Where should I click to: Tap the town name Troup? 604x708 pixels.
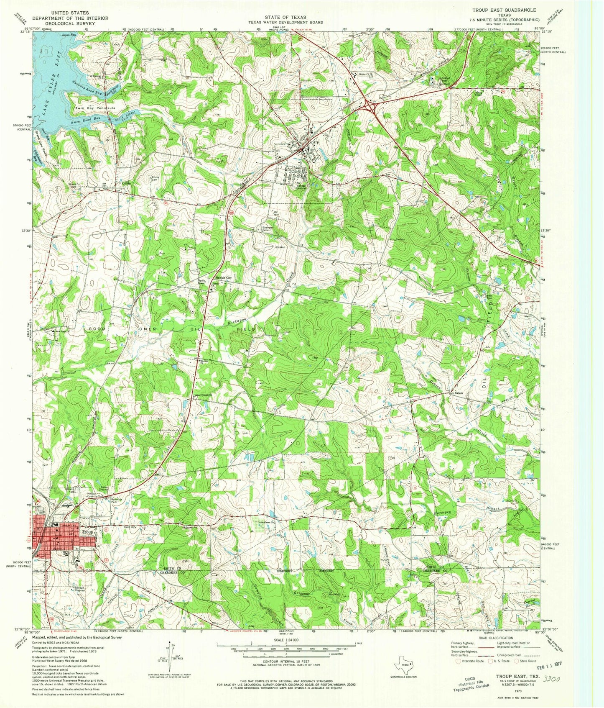click(x=87, y=532)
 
